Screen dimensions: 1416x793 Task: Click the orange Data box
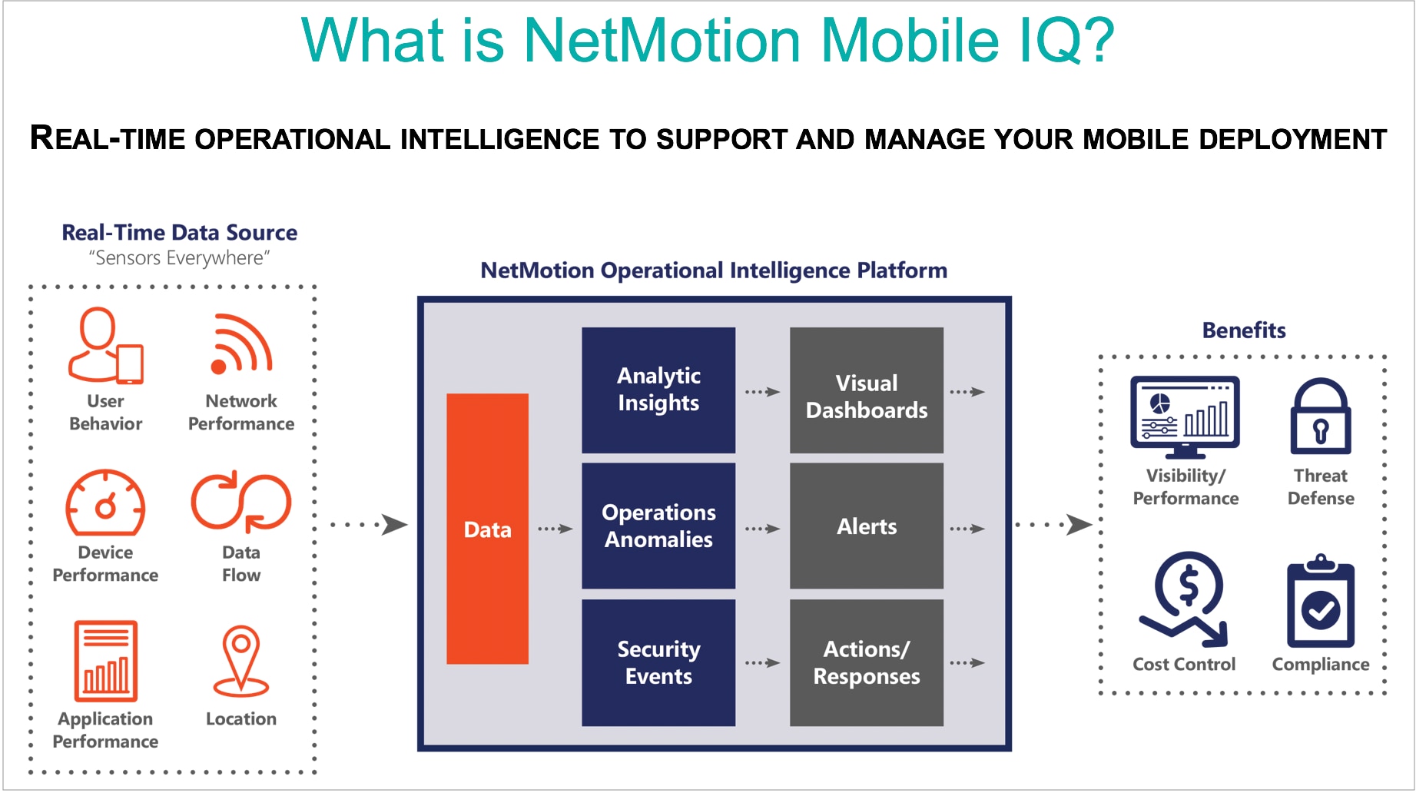[487, 529]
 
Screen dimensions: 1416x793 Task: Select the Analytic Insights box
[658, 390]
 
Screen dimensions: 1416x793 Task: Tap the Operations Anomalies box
[658, 526]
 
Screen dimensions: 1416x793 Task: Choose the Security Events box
[658, 662]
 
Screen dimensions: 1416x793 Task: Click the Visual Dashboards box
[867, 390]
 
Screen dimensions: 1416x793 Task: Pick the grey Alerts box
[867, 526]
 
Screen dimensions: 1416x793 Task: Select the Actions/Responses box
[867, 662]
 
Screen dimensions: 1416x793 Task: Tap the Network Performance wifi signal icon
[240, 344]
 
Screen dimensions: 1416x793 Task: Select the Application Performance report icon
[106, 661]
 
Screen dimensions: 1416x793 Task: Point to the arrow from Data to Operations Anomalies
[555, 529]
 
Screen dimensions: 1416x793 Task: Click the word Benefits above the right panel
[1244, 330]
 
